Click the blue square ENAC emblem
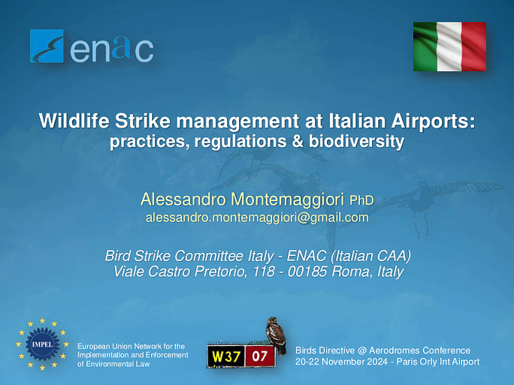pyautogui.click(x=47, y=47)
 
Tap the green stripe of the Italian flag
pyautogui.click(x=425, y=47)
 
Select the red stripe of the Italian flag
pyautogui.click(x=474, y=47)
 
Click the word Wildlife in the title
pyautogui.click(x=74, y=121)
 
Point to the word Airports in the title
pyautogui.click(x=433, y=122)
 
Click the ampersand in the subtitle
pyautogui.click(x=298, y=141)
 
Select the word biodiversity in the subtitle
pyautogui.click(x=356, y=142)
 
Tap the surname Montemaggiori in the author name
pyautogui.click(x=288, y=200)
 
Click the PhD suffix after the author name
pyautogui.click(x=361, y=200)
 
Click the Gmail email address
pyautogui.click(x=257, y=218)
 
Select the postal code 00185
pyautogui.click(x=307, y=272)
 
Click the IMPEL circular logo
pyautogui.click(x=42, y=344)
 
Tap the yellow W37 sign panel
pyautogui.click(x=226, y=356)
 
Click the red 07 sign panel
pyautogui.click(x=259, y=356)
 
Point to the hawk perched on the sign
pyautogui.click(x=276, y=335)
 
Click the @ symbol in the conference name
pyautogui.click(x=362, y=350)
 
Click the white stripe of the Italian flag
pyautogui.click(x=449, y=47)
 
